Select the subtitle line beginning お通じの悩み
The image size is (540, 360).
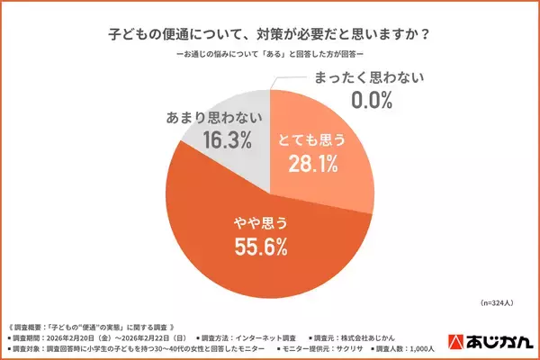269,57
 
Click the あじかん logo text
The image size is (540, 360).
502,341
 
